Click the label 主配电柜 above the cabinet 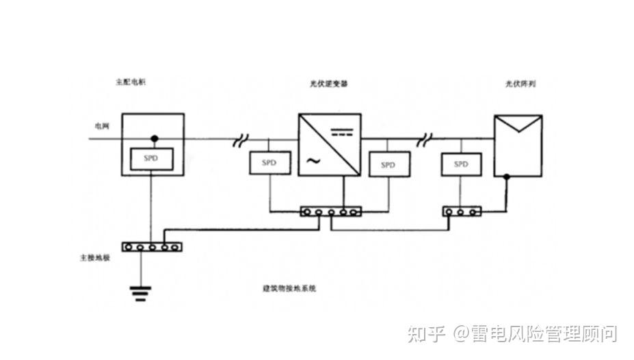tap(131, 82)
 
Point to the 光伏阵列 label tap(519, 83)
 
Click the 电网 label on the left tap(101, 127)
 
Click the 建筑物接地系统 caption tap(289, 289)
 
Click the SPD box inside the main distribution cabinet tap(151, 159)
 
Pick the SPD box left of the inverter tap(271, 163)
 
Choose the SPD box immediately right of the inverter tap(388, 164)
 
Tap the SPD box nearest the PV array tap(462, 164)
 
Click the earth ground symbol tap(141, 294)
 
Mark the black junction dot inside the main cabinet tap(155, 139)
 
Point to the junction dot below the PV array tap(506, 177)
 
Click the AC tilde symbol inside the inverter tap(313, 162)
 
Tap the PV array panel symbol tap(518, 144)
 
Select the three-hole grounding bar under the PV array tap(461, 211)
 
